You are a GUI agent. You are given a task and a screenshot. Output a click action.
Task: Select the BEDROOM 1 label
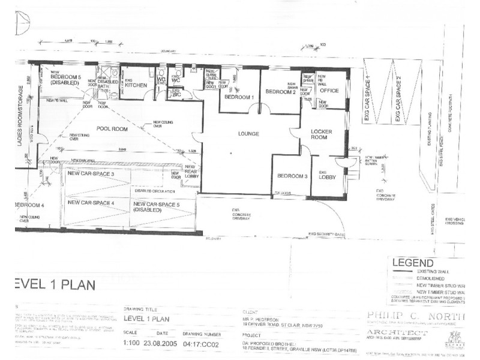coord(239,97)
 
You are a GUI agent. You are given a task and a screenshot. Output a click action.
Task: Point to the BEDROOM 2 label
coord(281,91)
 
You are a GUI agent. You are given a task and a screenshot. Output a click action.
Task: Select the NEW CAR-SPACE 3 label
coord(91,174)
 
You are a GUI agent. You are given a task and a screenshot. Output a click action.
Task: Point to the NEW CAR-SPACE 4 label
coord(91,203)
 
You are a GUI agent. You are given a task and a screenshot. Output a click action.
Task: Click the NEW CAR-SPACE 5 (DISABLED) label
coord(156,207)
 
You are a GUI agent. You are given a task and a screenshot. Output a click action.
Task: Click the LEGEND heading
coord(413,263)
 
